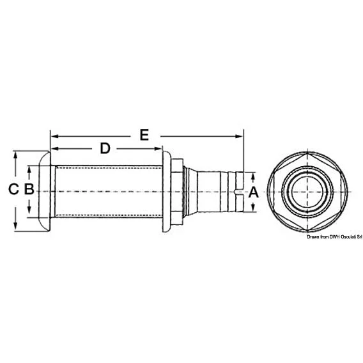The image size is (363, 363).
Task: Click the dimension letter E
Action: pos(144,135)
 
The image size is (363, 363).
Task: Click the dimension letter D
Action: pos(105,148)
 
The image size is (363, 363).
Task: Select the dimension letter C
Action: pos(13,189)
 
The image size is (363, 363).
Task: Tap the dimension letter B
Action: pos(29,189)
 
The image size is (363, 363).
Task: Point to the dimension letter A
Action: pos(253,192)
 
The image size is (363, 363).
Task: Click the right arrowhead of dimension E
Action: pos(239,136)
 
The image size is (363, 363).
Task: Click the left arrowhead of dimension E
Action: pos(54,136)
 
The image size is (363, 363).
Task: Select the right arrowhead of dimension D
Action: pos(158,149)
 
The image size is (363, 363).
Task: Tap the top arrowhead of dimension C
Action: pos(15,155)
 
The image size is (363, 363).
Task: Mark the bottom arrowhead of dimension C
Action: pos(15,226)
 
